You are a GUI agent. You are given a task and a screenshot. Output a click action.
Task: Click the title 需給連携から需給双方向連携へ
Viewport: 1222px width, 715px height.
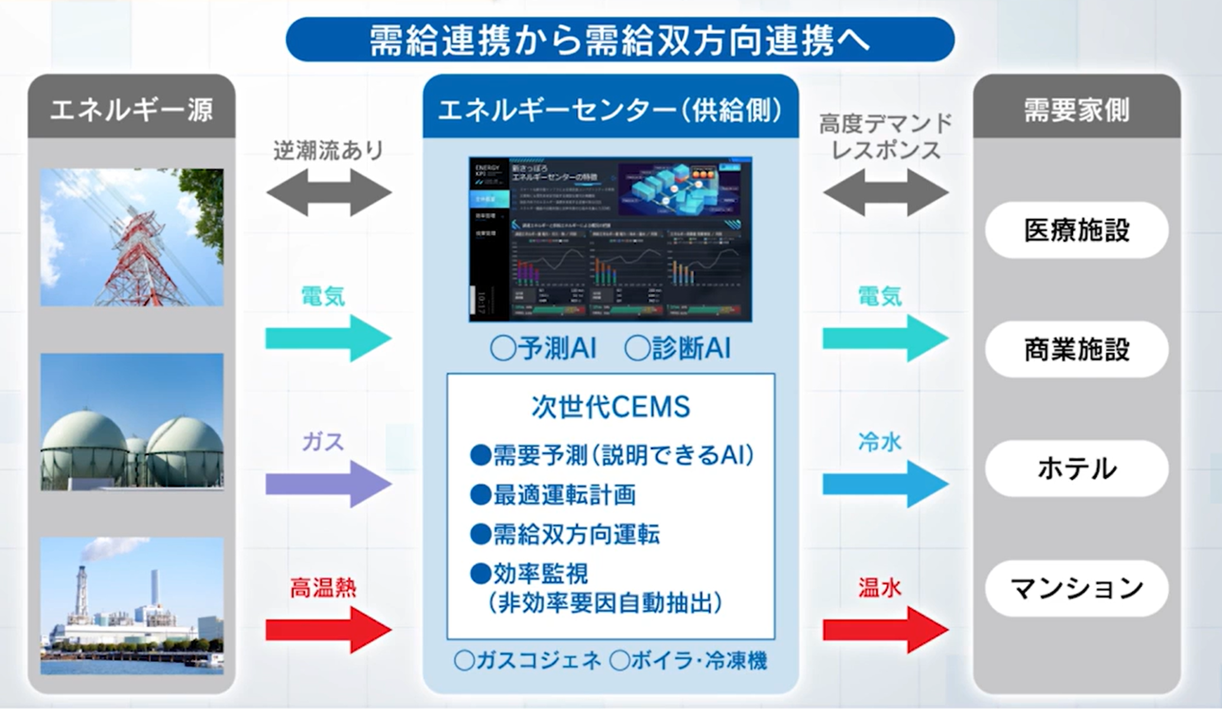[x=619, y=40]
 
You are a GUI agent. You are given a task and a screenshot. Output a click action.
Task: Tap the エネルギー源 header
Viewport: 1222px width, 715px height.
[x=131, y=109]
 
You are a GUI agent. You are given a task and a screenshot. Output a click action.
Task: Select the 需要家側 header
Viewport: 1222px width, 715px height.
[x=1076, y=109]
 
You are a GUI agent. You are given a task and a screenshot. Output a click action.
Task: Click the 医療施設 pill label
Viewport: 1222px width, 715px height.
[x=1076, y=230]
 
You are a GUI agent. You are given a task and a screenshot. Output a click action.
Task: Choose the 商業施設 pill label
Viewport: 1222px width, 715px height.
[x=1076, y=349]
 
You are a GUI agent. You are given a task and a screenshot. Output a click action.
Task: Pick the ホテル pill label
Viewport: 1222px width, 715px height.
[x=1076, y=469]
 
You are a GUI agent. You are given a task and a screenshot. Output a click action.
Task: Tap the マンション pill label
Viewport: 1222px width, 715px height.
[x=1076, y=588]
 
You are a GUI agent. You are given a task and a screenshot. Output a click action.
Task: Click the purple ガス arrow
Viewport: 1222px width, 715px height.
[x=328, y=484]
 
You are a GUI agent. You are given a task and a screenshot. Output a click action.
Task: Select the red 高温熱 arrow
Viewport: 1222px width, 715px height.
[x=328, y=630]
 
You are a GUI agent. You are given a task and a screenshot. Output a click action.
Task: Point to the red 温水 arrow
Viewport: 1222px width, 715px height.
[x=885, y=630]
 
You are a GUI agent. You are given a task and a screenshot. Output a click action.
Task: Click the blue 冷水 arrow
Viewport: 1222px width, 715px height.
[x=885, y=484]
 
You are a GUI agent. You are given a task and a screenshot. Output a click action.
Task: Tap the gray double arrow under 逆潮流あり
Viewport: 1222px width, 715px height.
[x=329, y=192]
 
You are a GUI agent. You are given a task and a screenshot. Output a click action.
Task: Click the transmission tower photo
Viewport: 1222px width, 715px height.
[x=132, y=237]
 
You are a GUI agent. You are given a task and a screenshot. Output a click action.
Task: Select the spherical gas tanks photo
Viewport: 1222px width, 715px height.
[x=132, y=422]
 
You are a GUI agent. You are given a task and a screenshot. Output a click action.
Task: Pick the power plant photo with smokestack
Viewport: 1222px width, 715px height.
[x=132, y=606]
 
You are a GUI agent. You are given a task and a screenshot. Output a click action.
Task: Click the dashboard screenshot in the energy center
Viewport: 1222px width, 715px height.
[x=610, y=239]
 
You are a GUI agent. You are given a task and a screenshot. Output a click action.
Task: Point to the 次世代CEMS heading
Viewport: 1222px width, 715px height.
[x=610, y=407]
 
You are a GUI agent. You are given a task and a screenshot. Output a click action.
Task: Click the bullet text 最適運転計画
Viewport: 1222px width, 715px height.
[x=564, y=495]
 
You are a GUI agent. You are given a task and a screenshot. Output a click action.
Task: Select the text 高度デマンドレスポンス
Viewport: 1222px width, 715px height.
[x=885, y=137]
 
